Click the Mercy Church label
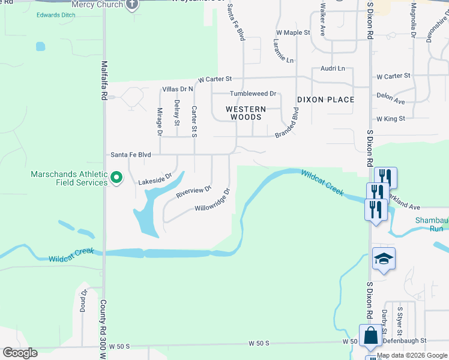pos(97,4)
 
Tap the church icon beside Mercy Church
pos(131,4)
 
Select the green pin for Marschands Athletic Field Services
pos(117,178)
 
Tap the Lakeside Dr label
pos(155,179)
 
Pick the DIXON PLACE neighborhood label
pos(325,100)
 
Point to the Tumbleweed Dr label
pos(253,94)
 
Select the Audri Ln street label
pos(333,68)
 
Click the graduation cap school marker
pos(384,259)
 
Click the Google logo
pos(20,353)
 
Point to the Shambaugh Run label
pos(432,224)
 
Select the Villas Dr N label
pos(178,89)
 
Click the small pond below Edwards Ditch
pos(40,46)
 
